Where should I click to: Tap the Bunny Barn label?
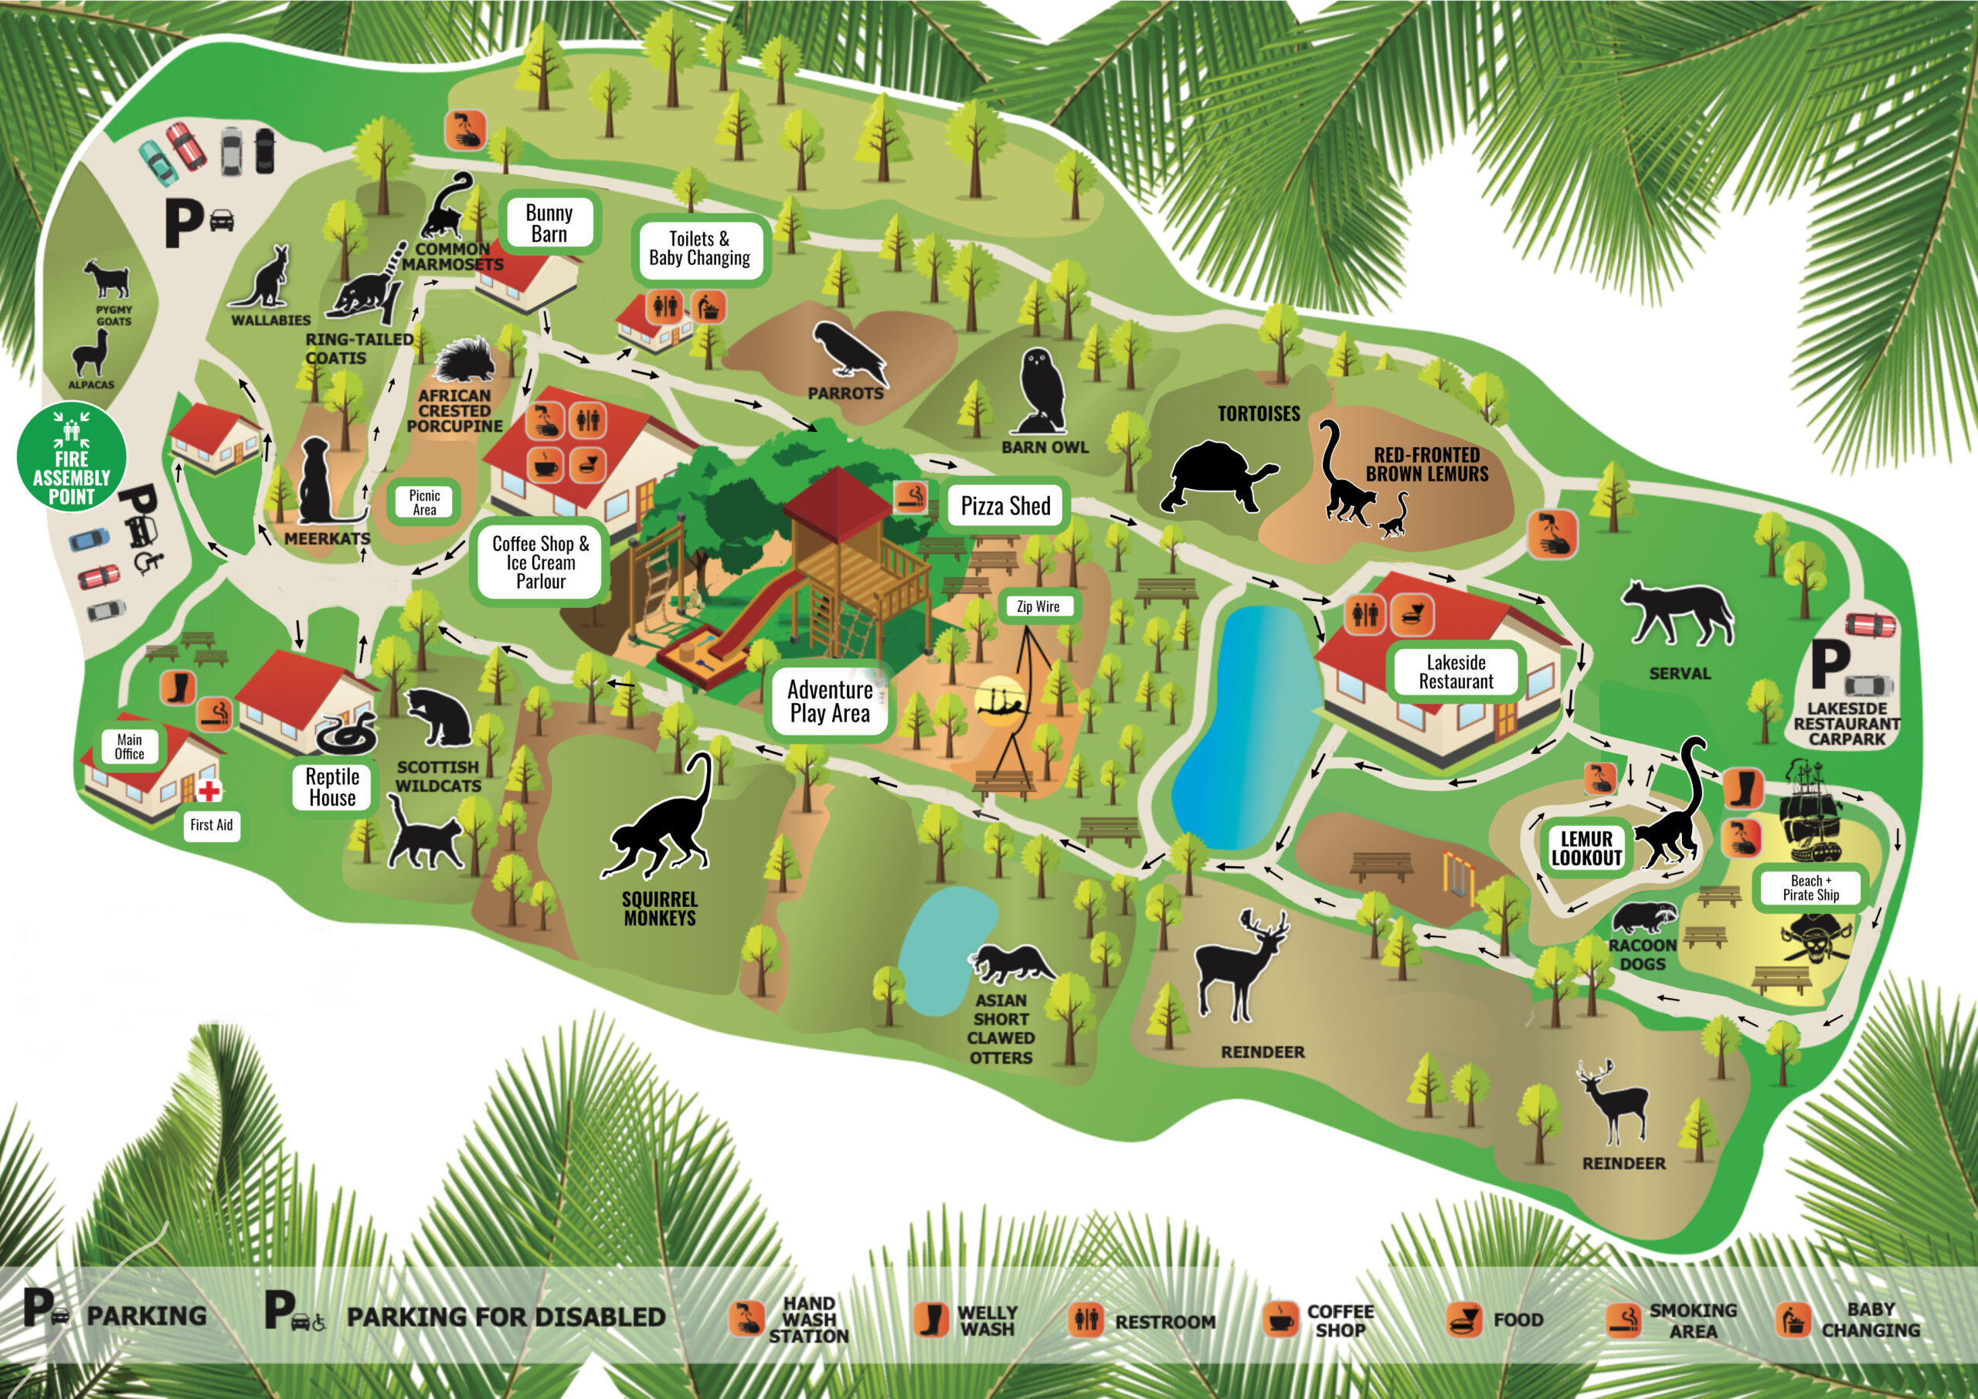549,223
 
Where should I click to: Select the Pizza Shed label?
1004,506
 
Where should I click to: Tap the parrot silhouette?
849,351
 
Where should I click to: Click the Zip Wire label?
1037,606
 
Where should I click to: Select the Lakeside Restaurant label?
1455,672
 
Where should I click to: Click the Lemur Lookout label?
1586,847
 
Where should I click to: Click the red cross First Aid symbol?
209,790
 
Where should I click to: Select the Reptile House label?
331,786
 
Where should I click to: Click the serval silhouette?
1677,613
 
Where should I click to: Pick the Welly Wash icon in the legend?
930,1319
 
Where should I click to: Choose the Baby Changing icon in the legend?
1793,1319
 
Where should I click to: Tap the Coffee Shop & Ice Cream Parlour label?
540,562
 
